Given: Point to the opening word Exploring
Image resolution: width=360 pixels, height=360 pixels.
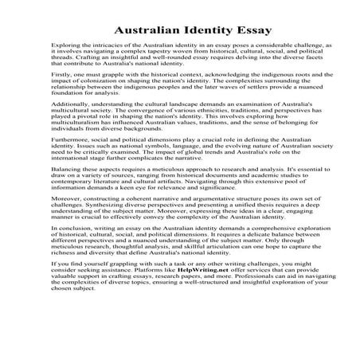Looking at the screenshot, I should coord(65,48).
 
